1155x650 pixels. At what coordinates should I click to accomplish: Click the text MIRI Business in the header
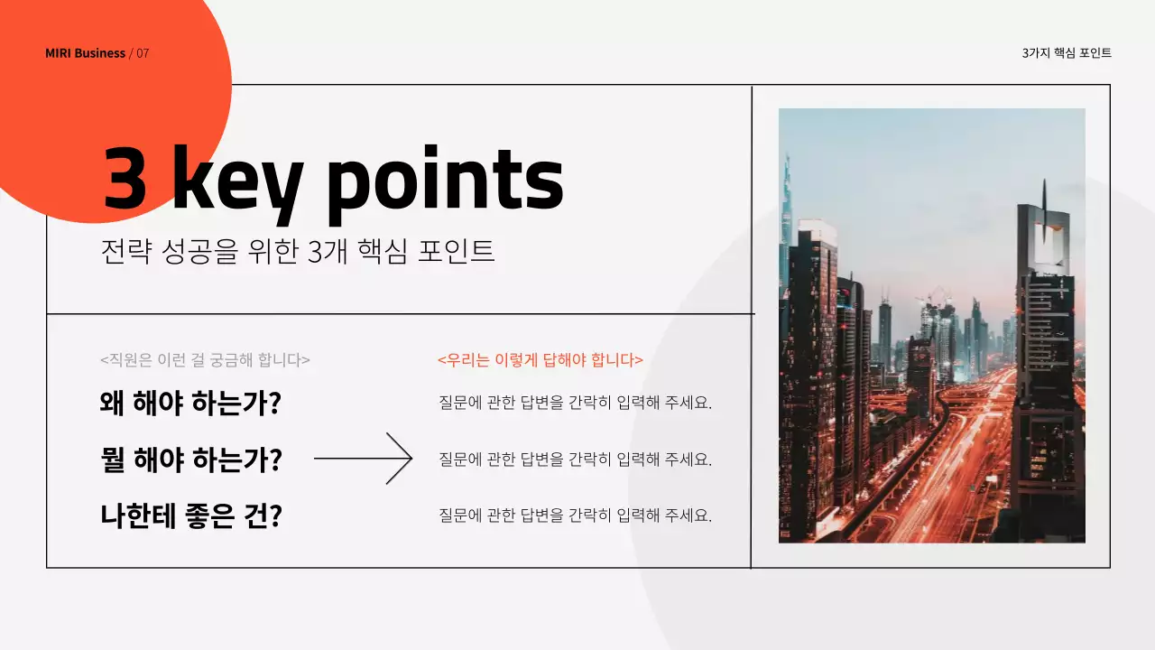tap(85, 53)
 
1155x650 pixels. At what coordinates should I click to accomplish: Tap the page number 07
tap(143, 53)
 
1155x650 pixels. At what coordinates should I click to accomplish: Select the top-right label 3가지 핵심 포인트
tap(1067, 53)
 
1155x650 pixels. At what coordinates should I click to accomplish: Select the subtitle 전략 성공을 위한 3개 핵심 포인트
tap(298, 250)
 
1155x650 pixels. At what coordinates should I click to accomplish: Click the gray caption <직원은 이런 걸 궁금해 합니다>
tap(205, 359)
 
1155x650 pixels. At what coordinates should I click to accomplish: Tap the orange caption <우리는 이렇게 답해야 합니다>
tap(540, 359)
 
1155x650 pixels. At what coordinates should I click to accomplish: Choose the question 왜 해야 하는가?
tap(190, 403)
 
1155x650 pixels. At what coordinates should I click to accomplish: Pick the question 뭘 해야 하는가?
tap(190, 460)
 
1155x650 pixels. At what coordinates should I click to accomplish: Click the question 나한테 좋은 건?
tap(190, 516)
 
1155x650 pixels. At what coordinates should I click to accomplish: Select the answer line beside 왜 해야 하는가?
tap(575, 403)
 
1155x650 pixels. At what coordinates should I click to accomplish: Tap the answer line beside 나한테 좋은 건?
tap(575, 515)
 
